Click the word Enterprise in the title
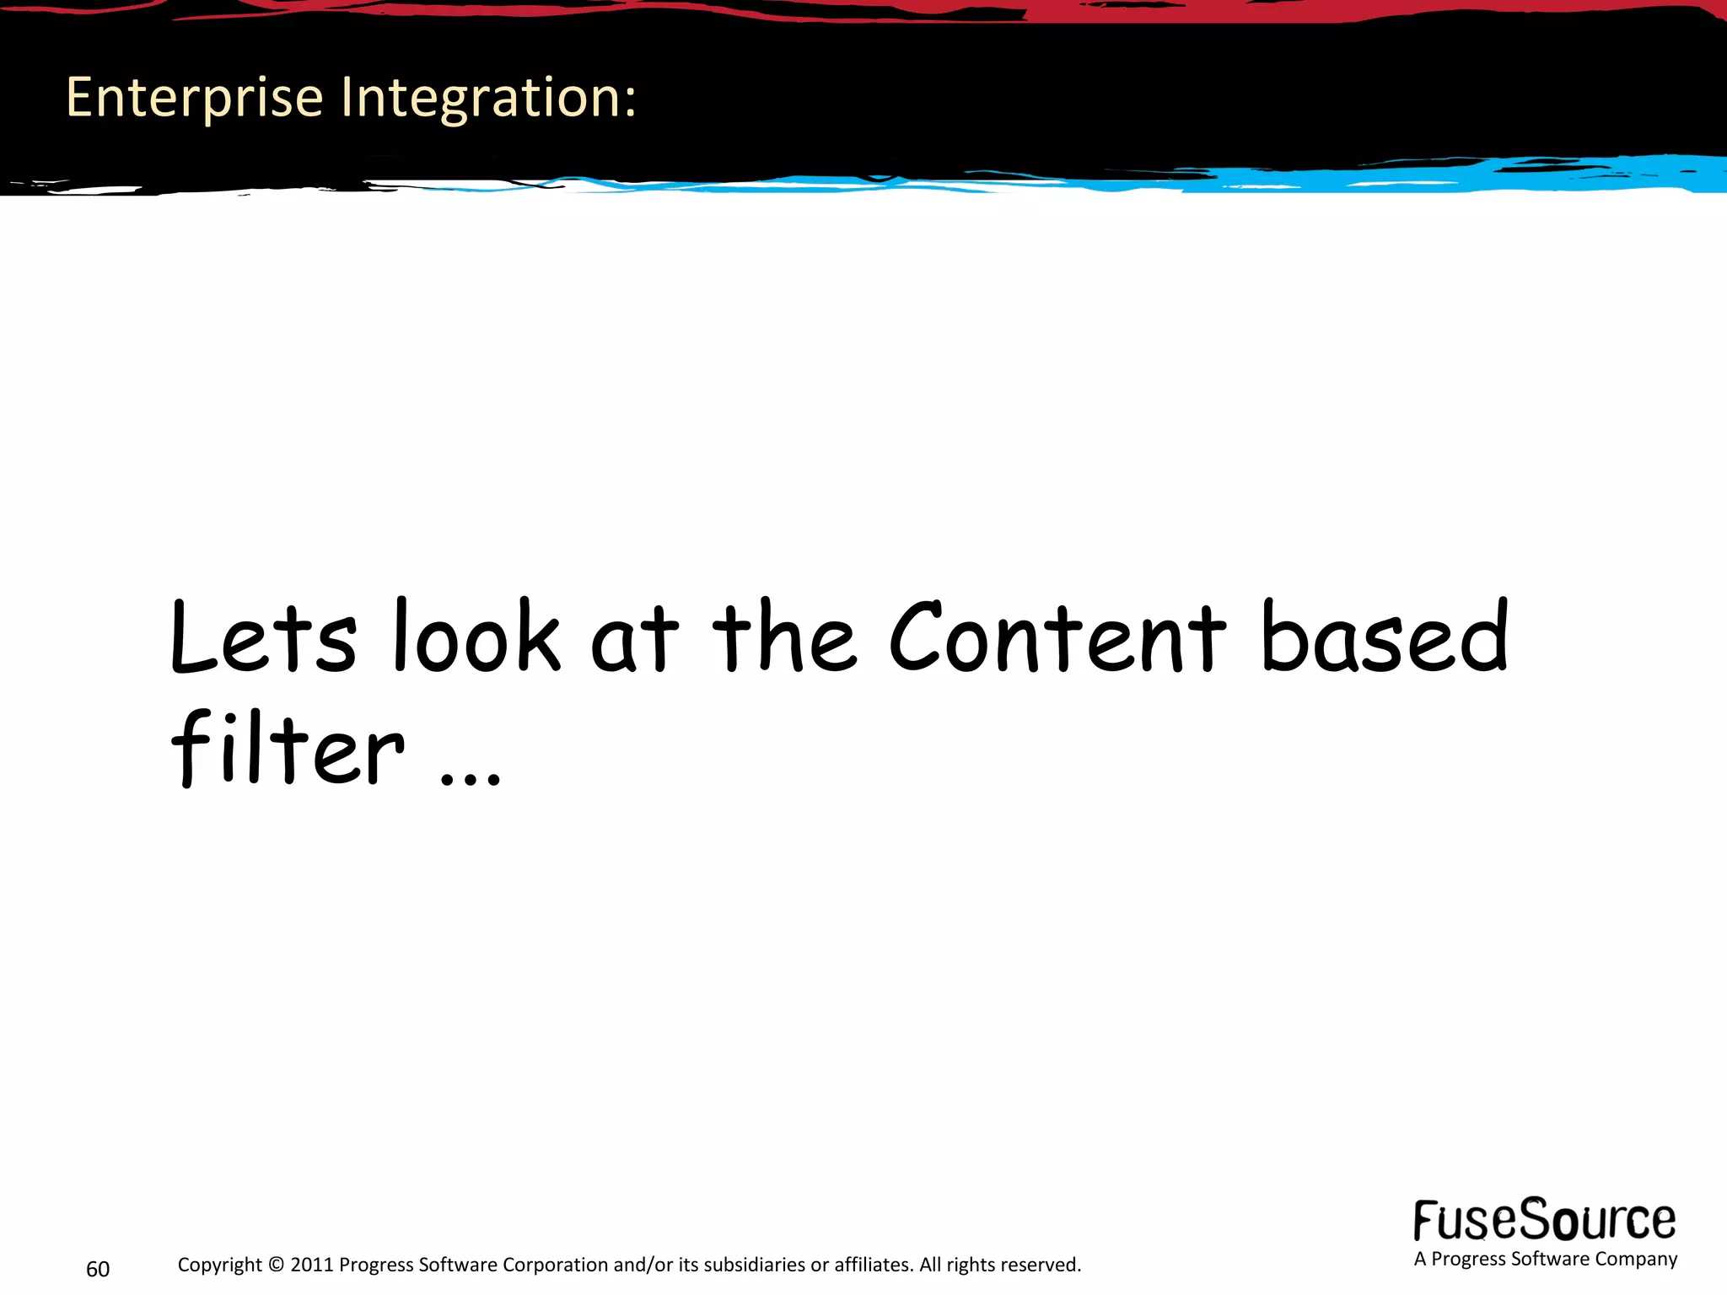(x=194, y=99)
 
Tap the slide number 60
(x=98, y=1269)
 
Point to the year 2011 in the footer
(x=312, y=1265)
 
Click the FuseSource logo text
(x=1545, y=1220)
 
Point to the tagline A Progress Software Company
(x=1545, y=1259)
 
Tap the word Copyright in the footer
(x=219, y=1265)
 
